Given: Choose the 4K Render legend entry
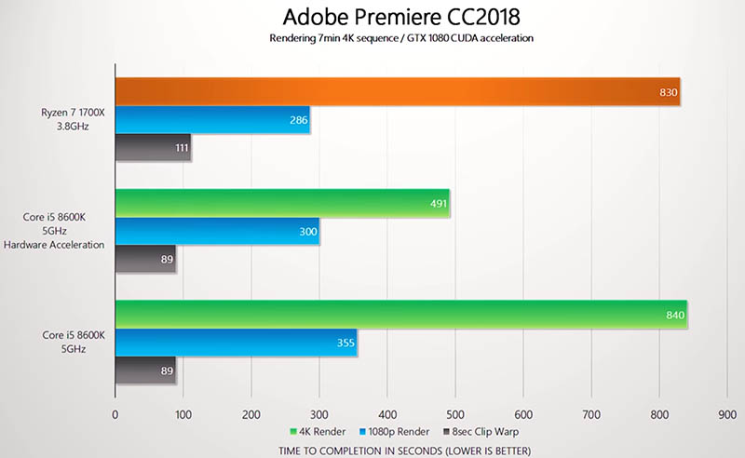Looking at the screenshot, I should click(x=318, y=432).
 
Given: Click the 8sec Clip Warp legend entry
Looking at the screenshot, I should click(x=482, y=432).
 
